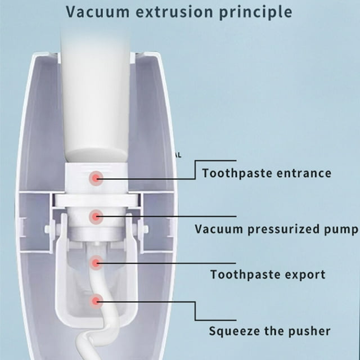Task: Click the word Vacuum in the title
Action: click(98, 12)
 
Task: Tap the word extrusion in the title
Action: click(174, 12)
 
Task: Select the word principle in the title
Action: click(255, 13)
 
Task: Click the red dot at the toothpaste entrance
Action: click(96, 178)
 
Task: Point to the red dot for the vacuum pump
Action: click(96, 216)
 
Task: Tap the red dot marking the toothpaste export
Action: click(96, 263)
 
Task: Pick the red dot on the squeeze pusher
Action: click(96, 301)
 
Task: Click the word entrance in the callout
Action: click(304, 173)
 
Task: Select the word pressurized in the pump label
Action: click(283, 229)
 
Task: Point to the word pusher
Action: click(309, 331)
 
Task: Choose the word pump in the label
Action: click(341, 230)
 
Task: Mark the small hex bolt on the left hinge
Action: click(48, 229)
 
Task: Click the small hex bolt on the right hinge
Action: click(145, 229)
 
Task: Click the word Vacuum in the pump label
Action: click(219, 229)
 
